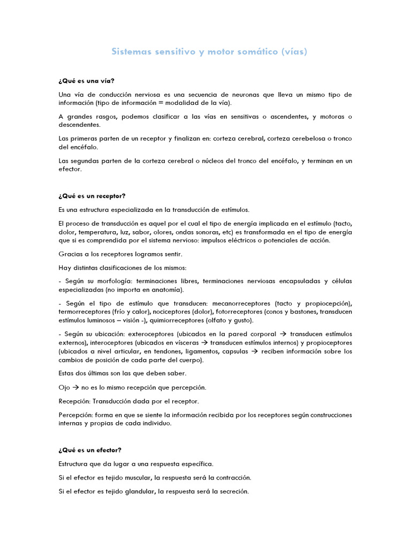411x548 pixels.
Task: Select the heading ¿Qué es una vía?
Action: pos(86,81)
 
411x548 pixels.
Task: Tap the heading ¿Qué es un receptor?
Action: pos(92,196)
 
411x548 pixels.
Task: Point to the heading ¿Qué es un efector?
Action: pos(90,450)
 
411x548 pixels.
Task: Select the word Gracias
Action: pos(70,254)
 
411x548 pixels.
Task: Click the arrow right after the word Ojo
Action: pos(77,387)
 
